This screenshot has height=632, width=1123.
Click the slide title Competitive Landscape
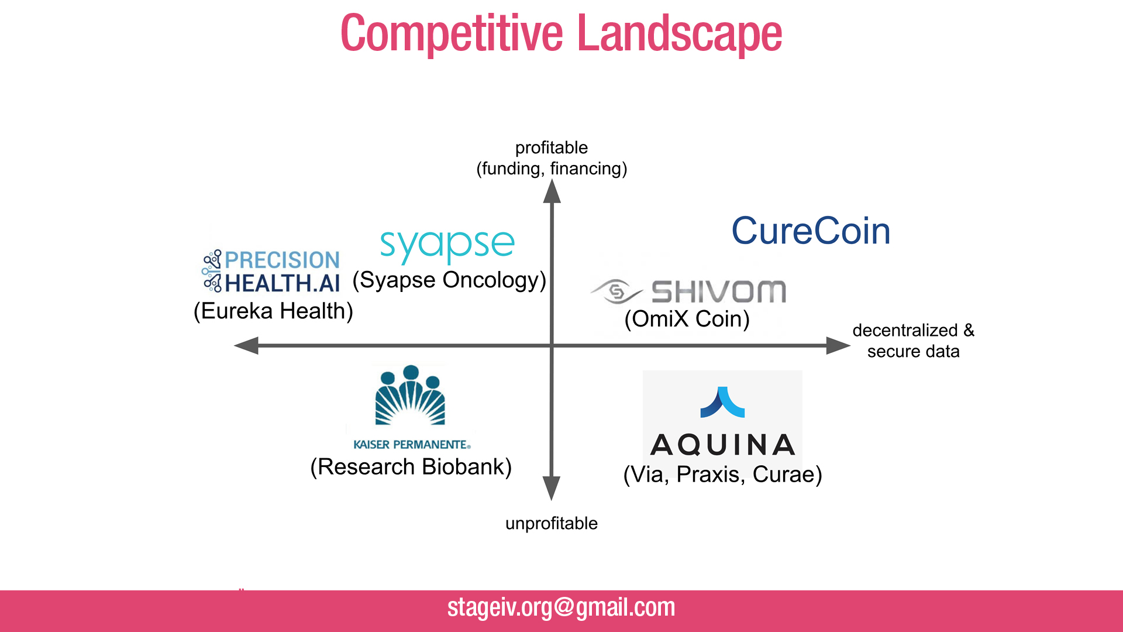pos(561,34)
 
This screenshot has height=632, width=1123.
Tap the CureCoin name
pos(811,231)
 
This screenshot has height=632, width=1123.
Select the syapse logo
pos(447,245)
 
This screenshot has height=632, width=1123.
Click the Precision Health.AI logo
pos(271,271)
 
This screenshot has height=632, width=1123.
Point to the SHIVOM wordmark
pos(719,291)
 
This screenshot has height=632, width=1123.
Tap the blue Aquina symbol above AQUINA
pos(722,402)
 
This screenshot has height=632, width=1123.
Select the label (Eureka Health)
pos(273,311)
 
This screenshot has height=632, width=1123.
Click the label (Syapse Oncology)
pos(449,280)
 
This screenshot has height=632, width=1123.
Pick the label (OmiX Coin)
pos(687,319)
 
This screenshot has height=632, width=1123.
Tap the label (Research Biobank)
pos(411,467)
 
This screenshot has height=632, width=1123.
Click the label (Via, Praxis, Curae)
pos(722,474)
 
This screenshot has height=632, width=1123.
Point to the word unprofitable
pos(551,523)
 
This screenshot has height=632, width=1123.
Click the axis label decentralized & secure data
pos(913,341)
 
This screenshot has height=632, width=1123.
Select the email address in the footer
pos(561,607)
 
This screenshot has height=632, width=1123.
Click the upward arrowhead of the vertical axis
pos(552,192)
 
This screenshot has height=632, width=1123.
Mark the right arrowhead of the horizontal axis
pos(837,345)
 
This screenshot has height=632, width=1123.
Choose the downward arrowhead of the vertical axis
pos(551,487)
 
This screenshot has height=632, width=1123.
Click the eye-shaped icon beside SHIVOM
pos(616,291)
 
